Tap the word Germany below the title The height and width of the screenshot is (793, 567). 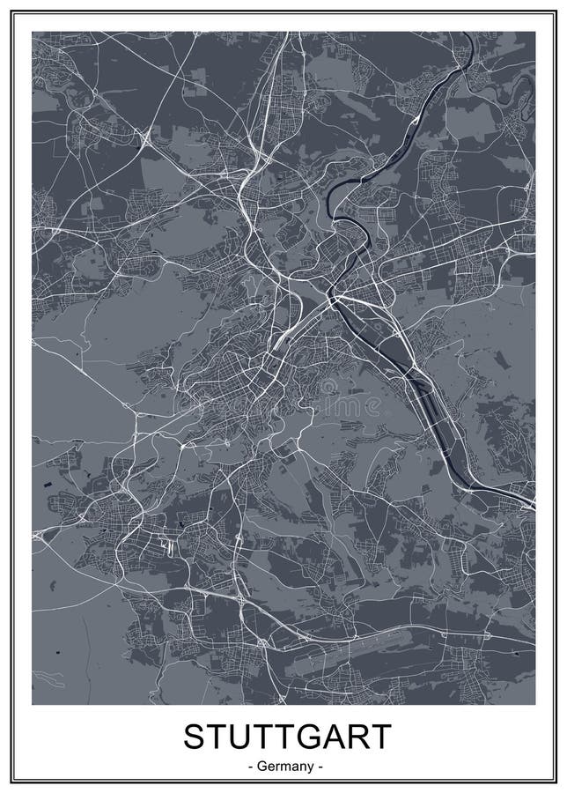pyautogui.click(x=283, y=766)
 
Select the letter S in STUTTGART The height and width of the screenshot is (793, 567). pyautogui.click(x=193, y=736)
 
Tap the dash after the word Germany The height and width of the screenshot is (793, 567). pyautogui.click(x=320, y=767)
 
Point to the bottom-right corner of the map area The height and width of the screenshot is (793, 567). pyautogui.click(x=534, y=704)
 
